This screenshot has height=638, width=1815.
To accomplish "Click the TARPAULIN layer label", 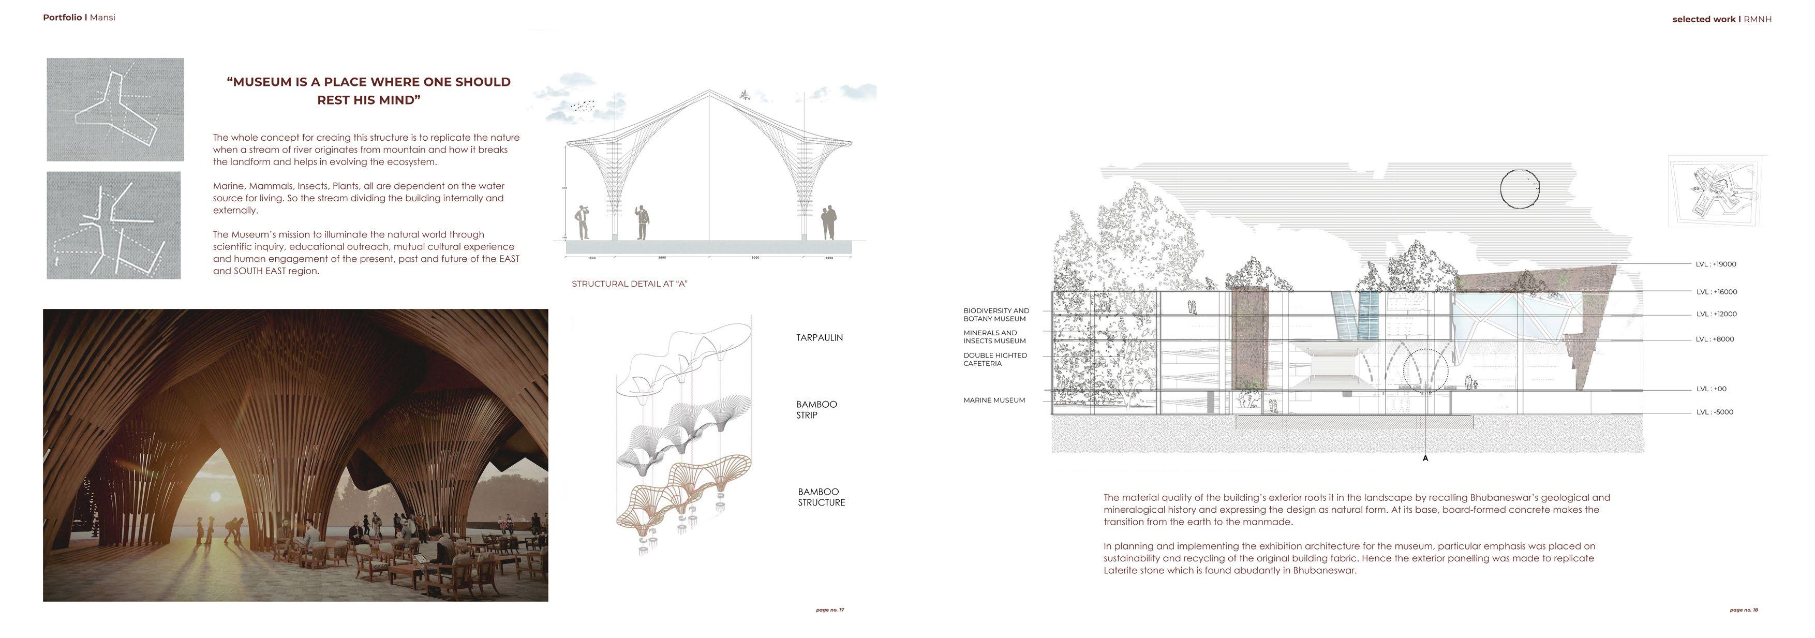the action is point(819,338).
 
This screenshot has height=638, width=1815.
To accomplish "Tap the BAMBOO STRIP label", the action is point(816,410).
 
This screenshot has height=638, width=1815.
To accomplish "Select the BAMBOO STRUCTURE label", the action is point(821,497).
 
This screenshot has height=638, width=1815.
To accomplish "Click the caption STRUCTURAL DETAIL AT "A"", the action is point(629,284).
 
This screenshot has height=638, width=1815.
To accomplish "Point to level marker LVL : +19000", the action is point(1716,264).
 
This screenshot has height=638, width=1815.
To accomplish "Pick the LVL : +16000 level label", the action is point(1716,292).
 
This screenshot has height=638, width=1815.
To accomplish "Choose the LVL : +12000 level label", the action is point(1716,315).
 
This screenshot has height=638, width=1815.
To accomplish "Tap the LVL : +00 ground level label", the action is point(1710,389).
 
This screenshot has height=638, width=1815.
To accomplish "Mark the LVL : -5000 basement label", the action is point(1714,412).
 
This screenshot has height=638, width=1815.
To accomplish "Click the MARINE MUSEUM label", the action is point(993,400).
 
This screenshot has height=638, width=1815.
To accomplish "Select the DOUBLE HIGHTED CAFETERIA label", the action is point(995,360).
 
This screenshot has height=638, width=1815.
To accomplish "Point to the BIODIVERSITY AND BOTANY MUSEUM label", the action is point(995,315).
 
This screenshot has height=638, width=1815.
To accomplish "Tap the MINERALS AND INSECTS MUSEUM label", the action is point(994,337).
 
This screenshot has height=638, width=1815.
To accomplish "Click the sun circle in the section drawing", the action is point(1519,189).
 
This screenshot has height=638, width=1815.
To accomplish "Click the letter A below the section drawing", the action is point(1425,458).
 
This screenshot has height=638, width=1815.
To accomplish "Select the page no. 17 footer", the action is point(829,610).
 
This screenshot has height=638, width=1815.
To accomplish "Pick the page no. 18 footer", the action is point(1743,610).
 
